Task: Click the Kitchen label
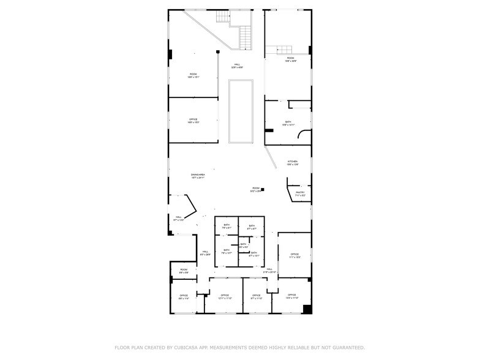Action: click(293, 162)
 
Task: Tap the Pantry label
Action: click(300, 193)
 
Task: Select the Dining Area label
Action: click(197, 175)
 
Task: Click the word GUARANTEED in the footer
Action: click(346, 348)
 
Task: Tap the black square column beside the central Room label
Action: click(262, 190)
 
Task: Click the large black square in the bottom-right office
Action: click(307, 309)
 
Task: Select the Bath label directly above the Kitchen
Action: click(288, 122)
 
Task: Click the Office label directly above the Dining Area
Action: click(193, 119)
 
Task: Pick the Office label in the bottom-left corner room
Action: click(184, 296)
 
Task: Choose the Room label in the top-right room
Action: click(290, 58)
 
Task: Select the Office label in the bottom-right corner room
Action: click(292, 295)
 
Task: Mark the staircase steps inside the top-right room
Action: click(285, 50)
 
